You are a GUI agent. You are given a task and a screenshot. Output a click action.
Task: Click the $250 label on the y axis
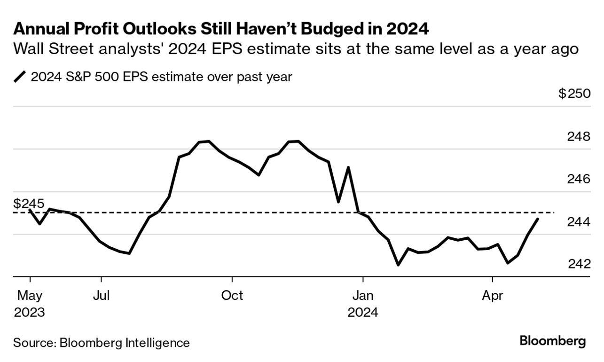coord(574,94)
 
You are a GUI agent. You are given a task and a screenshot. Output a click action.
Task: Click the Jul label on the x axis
coord(102,295)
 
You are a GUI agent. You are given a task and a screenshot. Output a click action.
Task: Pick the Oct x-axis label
coord(232,295)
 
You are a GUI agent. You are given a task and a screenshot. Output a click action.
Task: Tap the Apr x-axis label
coord(492,295)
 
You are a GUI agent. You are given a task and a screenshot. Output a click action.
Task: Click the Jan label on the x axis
coord(362,295)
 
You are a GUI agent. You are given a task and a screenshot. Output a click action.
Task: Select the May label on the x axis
coord(30,295)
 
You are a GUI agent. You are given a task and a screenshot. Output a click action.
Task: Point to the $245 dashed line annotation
coord(29,204)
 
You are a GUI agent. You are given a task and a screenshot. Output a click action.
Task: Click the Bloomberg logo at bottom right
coord(553,342)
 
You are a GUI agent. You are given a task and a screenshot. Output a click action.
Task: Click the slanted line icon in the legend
coord(21,77)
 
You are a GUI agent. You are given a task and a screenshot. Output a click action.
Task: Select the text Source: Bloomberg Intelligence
coord(102,343)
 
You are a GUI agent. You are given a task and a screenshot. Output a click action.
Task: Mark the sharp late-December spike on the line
coord(348,167)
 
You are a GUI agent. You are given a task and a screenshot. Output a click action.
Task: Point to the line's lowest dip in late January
coord(398,265)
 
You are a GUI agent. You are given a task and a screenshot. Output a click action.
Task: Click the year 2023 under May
coord(30,312)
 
